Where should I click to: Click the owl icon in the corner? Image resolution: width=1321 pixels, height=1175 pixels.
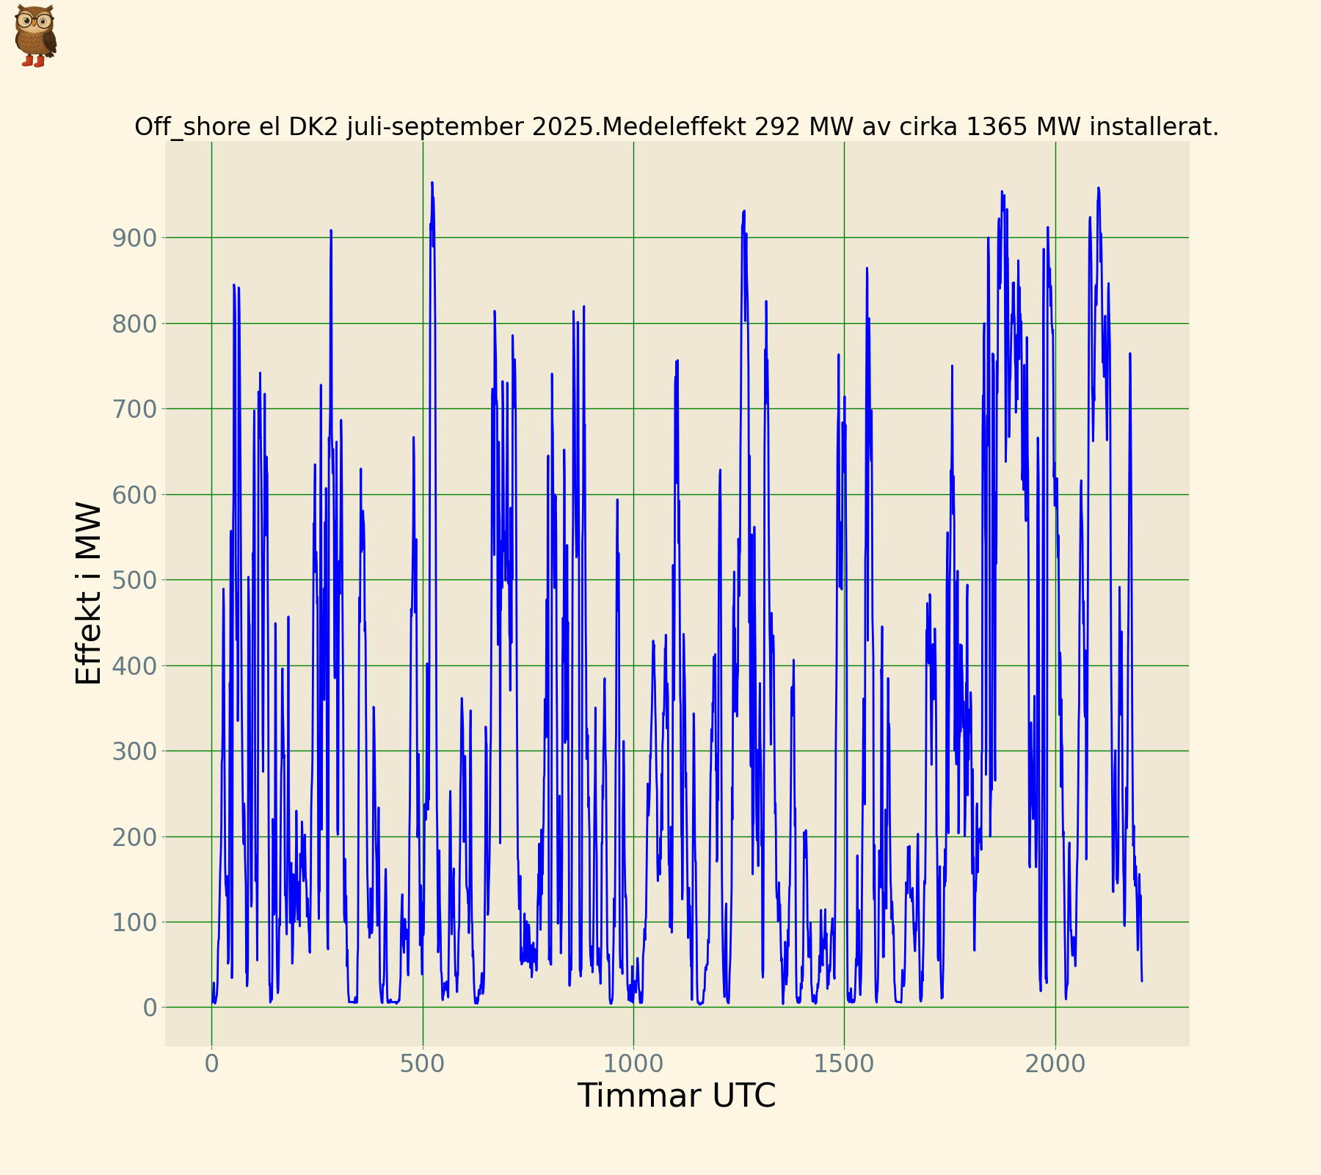tap(34, 35)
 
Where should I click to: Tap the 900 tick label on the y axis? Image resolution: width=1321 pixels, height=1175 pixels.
tap(134, 238)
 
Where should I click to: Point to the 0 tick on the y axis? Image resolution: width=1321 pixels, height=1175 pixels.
tap(150, 1008)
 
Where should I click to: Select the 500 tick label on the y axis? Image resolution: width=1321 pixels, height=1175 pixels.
tap(134, 580)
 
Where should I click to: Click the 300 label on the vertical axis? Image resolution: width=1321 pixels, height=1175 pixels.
tap(134, 751)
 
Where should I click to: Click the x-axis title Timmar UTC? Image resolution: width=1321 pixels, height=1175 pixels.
tap(676, 1096)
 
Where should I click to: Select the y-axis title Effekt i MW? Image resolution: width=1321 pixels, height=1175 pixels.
tap(88, 593)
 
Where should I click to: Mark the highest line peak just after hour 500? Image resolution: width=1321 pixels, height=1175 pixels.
tap(432, 183)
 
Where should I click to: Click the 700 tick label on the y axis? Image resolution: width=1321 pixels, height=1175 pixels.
tap(134, 409)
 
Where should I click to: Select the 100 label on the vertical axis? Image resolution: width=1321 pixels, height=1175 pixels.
tap(134, 922)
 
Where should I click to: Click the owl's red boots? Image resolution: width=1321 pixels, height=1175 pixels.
tap(34, 62)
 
